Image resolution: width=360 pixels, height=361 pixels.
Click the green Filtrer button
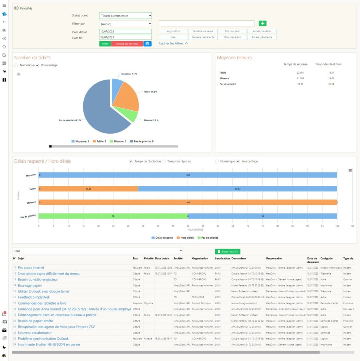[105, 44]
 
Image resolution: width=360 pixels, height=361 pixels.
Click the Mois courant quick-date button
[232, 31]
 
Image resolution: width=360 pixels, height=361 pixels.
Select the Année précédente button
[262, 37]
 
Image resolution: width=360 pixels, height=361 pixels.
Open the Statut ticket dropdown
[125, 16]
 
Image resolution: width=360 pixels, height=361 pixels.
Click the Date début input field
[125, 32]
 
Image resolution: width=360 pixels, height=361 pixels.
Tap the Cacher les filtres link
[173, 43]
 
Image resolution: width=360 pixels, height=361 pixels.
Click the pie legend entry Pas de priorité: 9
[142, 141]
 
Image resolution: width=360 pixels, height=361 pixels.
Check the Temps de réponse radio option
[164, 161]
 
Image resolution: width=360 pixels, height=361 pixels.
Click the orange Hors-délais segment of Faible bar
[88, 189]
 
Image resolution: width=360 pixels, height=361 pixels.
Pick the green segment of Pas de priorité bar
[113, 216]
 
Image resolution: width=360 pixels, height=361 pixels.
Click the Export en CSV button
[228, 252]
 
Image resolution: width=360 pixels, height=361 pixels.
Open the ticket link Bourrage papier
[30, 286]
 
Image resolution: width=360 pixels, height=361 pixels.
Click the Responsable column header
[274, 258]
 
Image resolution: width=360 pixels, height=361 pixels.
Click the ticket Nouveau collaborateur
[35, 333]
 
